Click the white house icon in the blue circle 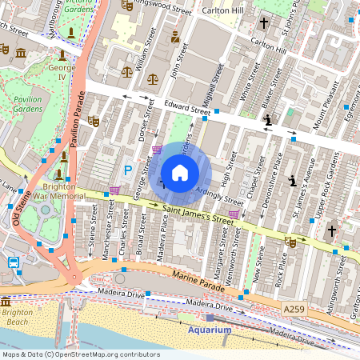(x=180, y=173)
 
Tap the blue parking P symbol (x=128, y=170)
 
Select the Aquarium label (x=210, y=330)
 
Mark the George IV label (x=62, y=68)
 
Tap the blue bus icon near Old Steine (x=14, y=262)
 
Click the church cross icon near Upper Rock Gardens (x=331, y=230)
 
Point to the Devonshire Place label (x=276, y=178)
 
